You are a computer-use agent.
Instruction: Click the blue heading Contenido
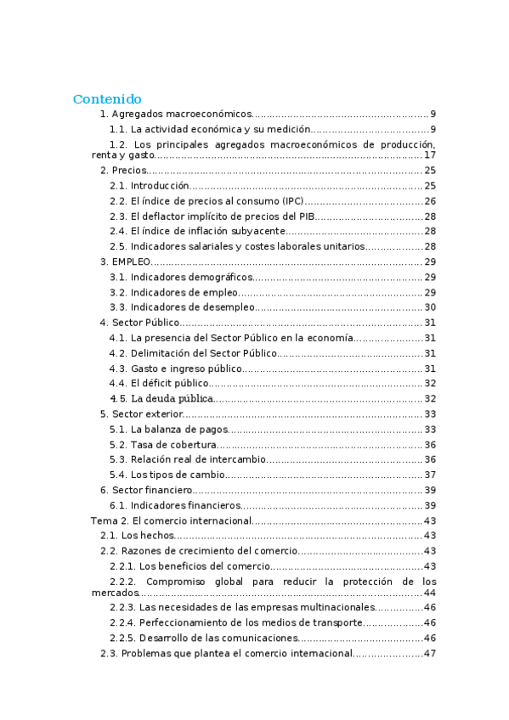point(107,98)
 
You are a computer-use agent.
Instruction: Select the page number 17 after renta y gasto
point(430,155)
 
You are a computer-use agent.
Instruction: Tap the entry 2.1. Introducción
point(150,186)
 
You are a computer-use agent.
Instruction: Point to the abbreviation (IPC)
point(289,201)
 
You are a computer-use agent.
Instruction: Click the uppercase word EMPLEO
point(131,262)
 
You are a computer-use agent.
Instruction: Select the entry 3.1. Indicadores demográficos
point(181,277)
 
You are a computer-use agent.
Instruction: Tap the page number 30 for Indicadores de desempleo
point(430,307)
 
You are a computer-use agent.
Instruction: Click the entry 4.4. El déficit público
point(159,383)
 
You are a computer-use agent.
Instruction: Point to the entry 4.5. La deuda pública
point(161,398)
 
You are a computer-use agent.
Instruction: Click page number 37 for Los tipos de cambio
point(430,475)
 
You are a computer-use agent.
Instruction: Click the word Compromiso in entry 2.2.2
point(177,582)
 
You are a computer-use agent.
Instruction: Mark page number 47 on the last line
point(430,654)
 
